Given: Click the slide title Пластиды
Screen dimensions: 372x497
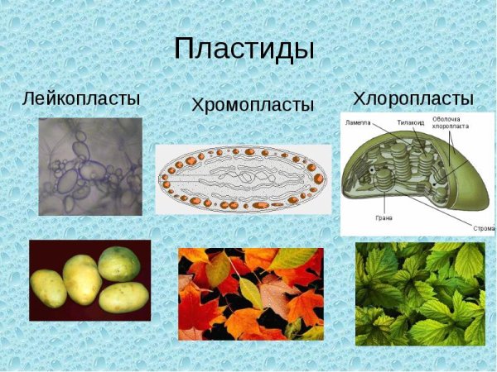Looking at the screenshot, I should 244,48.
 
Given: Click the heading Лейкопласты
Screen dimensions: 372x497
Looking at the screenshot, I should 81,98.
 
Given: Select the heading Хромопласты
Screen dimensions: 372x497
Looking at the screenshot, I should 253,105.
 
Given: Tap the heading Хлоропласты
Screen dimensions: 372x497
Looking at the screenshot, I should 413,98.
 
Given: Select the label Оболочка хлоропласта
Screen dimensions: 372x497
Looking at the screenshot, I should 450,125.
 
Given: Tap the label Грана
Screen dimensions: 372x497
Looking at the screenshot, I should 383,219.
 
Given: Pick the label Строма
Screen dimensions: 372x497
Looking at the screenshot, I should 483,228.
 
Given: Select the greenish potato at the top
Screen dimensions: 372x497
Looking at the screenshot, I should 118,263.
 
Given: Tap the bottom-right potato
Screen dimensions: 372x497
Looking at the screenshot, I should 123,297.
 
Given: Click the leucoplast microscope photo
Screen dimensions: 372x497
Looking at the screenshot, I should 89,166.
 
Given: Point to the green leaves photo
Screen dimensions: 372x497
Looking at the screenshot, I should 419,293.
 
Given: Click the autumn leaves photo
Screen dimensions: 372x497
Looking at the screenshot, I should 250,293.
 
